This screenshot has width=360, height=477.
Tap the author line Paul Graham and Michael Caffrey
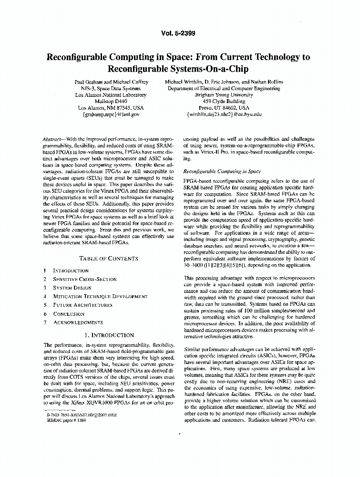(x=111, y=82)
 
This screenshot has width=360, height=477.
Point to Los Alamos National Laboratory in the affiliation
(x=111, y=95)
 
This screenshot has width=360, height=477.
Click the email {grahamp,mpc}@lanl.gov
(x=111, y=114)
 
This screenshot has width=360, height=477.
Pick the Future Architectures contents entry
(x=82, y=305)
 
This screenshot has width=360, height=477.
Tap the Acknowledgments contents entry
(x=78, y=323)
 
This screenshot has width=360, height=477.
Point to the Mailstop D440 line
(x=111, y=102)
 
